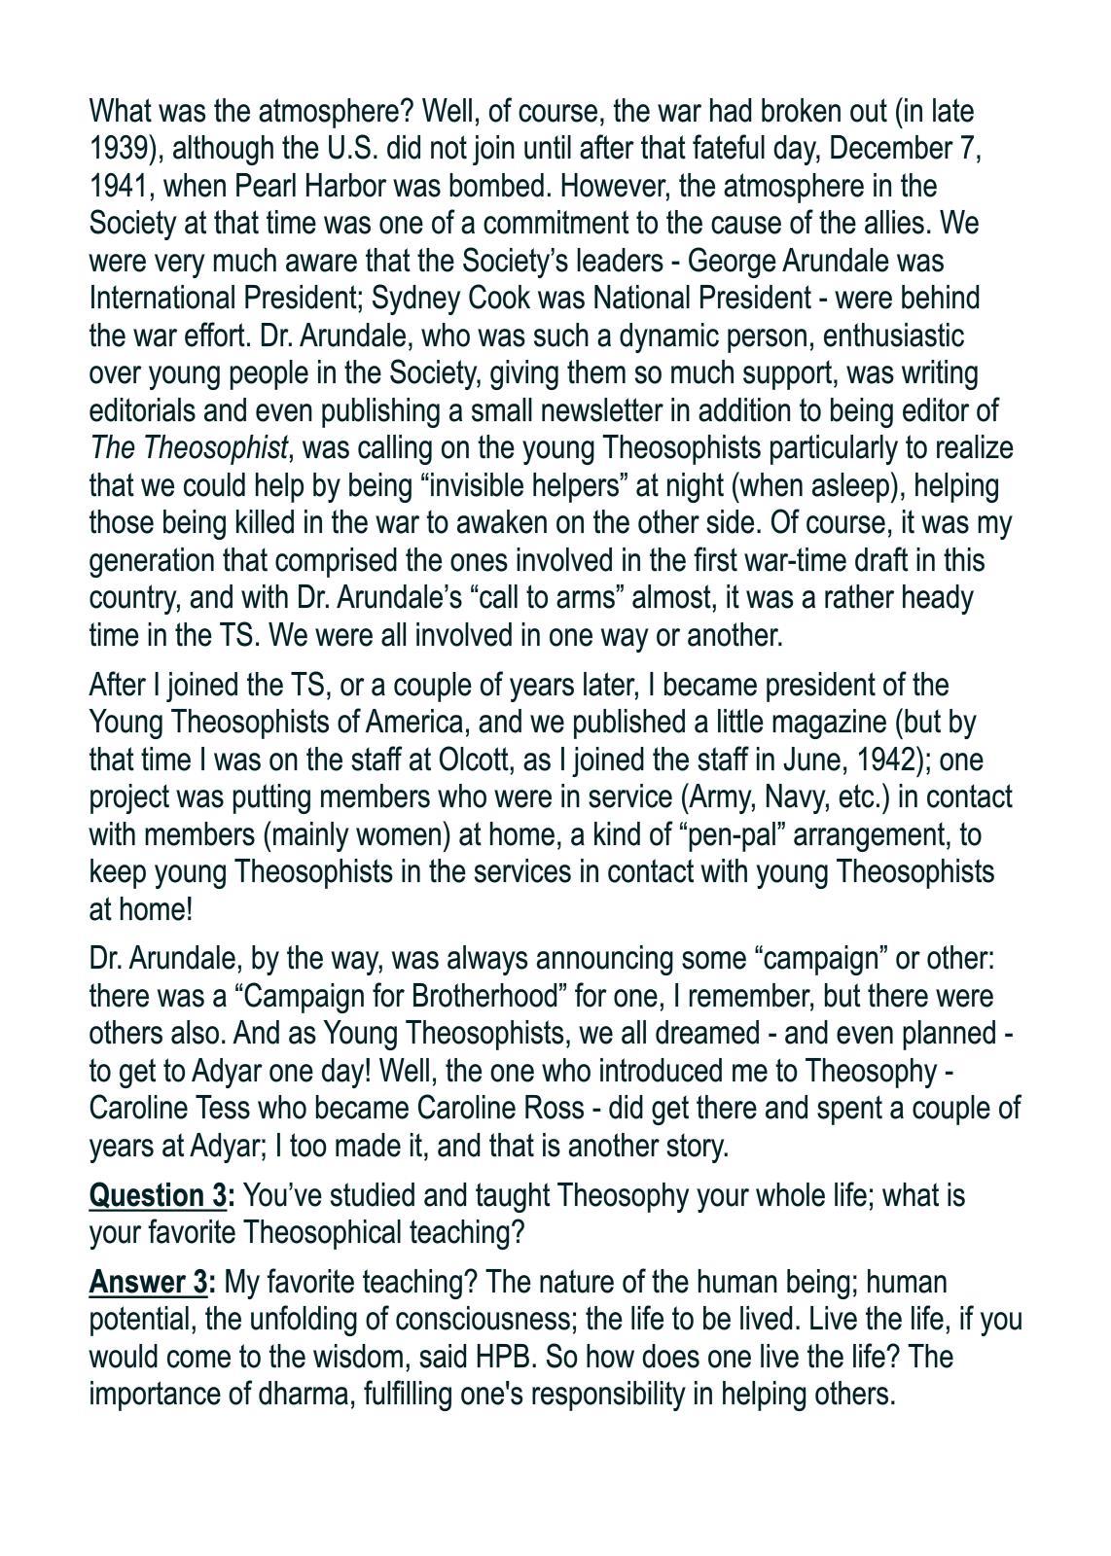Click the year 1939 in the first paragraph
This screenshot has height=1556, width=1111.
[x=118, y=149]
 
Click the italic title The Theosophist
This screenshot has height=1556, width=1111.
[x=189, y=448]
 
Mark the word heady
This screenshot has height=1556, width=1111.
[x=936, y=597]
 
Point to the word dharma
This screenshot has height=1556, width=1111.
[x=307, y=1395]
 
